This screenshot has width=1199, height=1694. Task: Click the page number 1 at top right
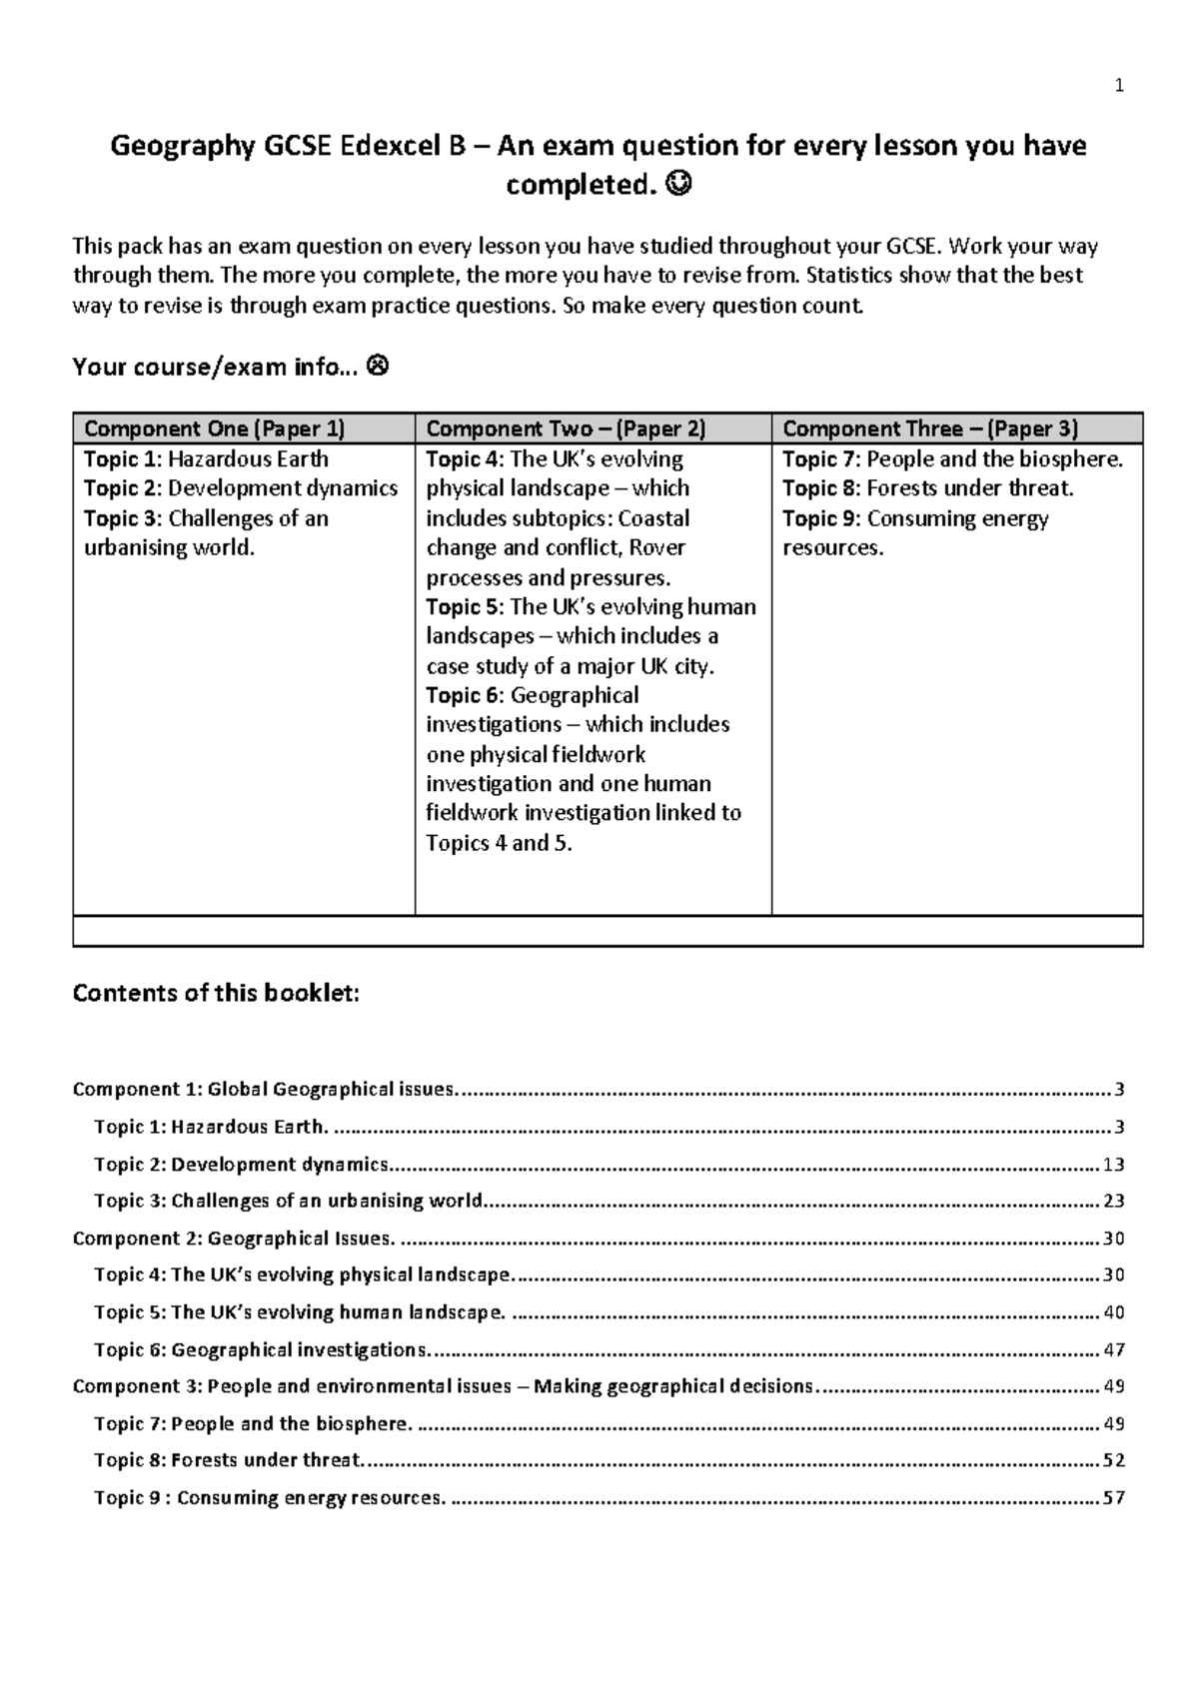click(1119, 86)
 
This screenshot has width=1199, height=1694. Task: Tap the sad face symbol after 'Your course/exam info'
click(379, 368)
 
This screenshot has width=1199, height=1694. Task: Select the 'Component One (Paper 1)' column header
click(214, 429)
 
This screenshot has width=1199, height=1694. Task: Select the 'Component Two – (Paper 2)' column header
click(566, 429)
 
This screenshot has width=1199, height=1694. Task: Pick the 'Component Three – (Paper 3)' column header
click(929, 429)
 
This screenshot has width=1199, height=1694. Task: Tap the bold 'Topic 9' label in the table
click(821, 518)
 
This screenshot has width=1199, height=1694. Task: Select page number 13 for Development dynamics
click(1113, 1165)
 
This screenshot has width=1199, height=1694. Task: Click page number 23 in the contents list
click(1113, 1202)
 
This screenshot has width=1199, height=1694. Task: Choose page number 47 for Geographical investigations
click(1113, 1350)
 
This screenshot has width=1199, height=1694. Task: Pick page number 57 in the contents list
click(1113, 1498)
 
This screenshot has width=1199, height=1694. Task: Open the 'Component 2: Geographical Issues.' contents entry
click(234, 1239)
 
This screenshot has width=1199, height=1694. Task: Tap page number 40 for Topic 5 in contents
click(1113, 1312)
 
